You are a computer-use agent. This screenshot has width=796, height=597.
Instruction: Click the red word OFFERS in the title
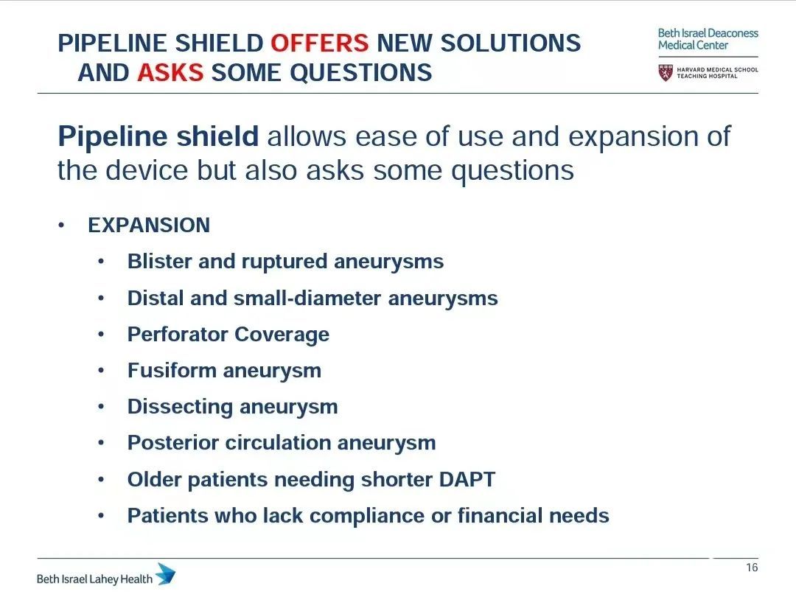320,43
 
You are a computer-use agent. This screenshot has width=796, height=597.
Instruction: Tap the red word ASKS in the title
170,72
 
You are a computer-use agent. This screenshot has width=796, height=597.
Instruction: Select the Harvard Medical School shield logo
666,72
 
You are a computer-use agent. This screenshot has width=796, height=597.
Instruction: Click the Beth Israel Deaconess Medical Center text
708,39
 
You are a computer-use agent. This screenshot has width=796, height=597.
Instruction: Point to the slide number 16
752,568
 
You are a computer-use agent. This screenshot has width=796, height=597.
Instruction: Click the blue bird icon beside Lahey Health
166,574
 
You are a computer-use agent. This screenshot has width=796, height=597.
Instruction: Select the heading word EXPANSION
149,225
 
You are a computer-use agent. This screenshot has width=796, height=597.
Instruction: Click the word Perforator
178,334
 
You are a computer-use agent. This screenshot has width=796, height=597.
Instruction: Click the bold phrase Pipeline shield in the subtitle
158,136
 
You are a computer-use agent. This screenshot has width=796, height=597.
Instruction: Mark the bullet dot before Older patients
101,479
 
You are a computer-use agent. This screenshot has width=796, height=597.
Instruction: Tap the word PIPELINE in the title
113,43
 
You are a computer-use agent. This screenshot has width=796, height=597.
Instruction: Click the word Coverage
282,335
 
